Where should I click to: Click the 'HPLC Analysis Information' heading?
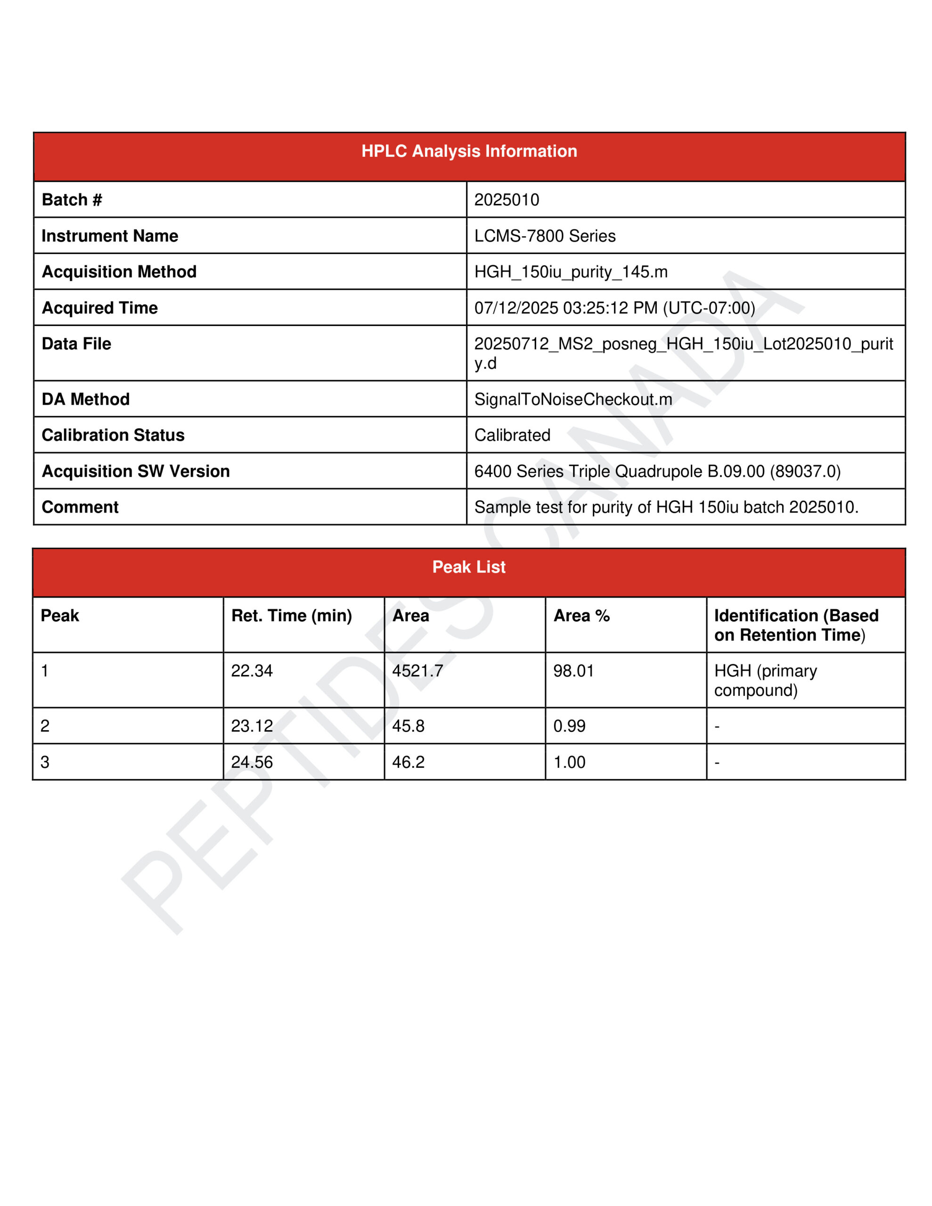click(468, 151)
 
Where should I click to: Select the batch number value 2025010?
click(506, 199)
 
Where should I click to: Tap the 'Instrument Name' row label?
click(110, 236)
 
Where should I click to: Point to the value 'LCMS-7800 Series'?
click(544, 236)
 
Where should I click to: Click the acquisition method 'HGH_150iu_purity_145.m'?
click(570, 272)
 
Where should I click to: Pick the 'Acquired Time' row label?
click(99, 308)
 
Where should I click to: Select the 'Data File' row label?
click(76, 343)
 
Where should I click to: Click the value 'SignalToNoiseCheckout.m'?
click(573, 399)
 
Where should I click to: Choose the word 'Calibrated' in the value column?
click(512, 435)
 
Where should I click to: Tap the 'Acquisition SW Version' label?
click(135, 471)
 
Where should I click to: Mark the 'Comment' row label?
click(80, 507)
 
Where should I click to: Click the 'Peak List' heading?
click(468, 567)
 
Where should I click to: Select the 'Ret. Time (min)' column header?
click(291, 615)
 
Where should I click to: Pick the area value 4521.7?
click(417, 670)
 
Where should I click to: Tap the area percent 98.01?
click(573, 670)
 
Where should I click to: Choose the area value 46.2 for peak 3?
click(408, 762)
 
